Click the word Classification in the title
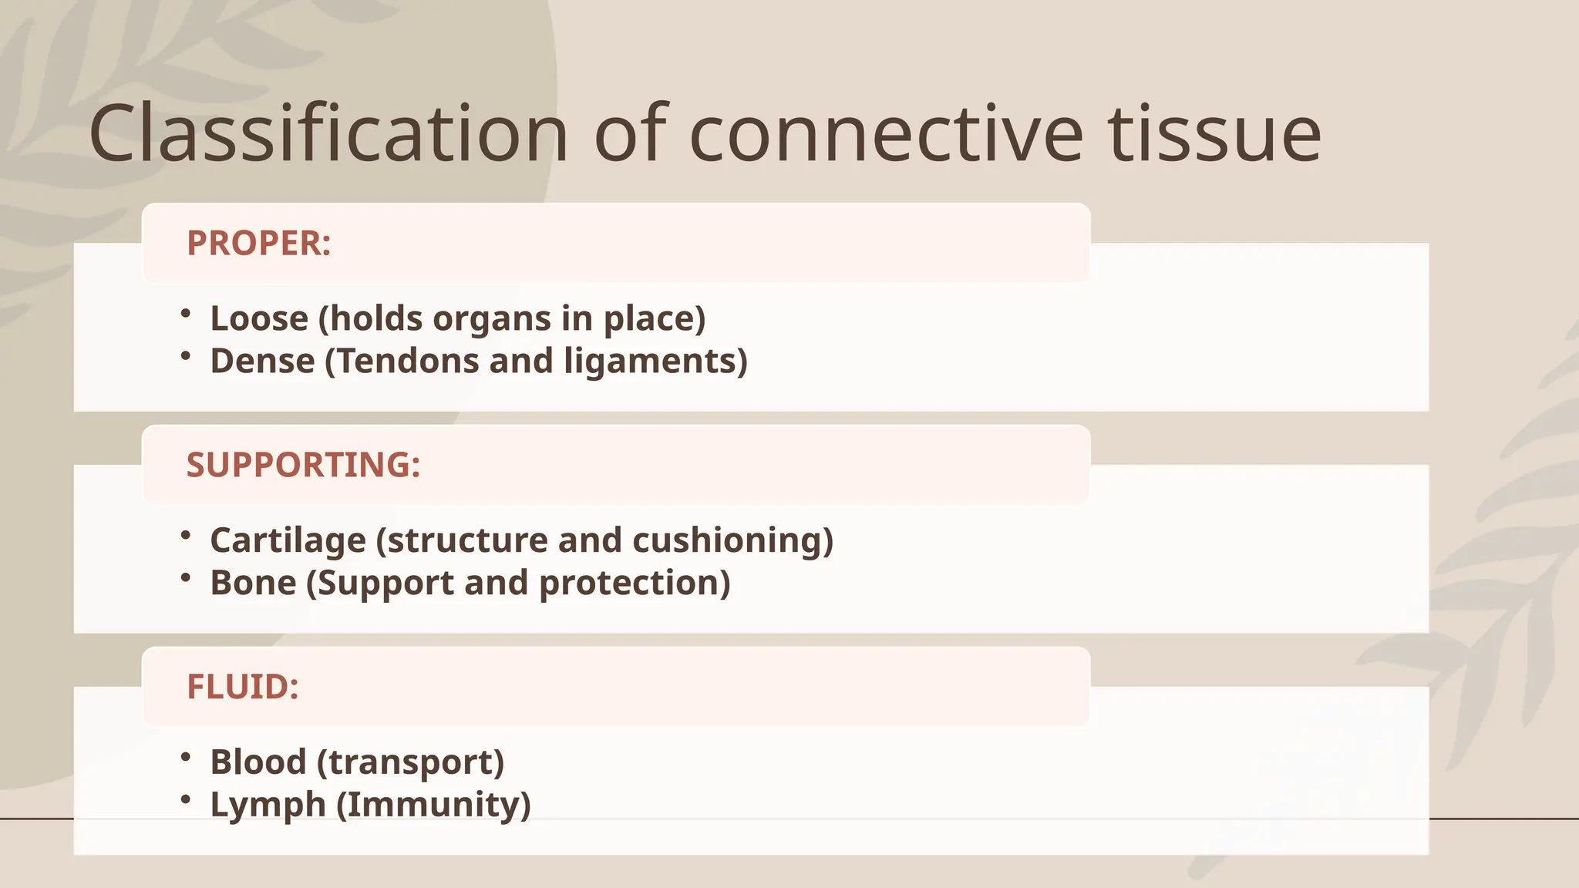tap(328, 135)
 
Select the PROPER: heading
tap(259, 244)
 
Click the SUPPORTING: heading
tap(303, 466)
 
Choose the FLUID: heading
tap(242, 687)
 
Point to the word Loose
tap(259, 318)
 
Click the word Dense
tap(262, 361)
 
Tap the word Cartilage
tap(288, 540)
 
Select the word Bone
tap(253, 583)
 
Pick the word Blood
tap(258, 762)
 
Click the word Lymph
tap(268, 805)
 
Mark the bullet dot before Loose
tap(185, 313)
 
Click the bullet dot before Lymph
tap(185, 799)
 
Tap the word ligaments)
tap(655, 361)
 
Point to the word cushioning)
tap(732, 540)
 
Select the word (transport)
tap(411, 762)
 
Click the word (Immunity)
tap(433, 805)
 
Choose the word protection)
tap(634, 583)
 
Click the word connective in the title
tap(886, 135)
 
